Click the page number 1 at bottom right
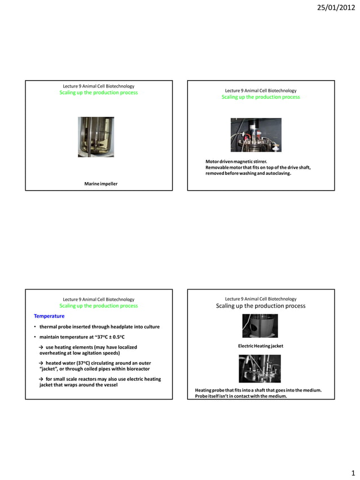pyautogui.click(x=352, y=472)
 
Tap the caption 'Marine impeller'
pyautogui.click(x=100, y=184)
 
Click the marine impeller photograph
pyautogui.click(x=96, y=137)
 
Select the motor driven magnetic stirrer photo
pyautogui.click(x=256, y=135)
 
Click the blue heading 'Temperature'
pyautogui.click(x=49, y=316)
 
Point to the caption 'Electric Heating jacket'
pyautogui.click(x=260, y=345)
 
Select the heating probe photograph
pyautogui.click(x=260, y=368)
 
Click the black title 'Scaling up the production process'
pyautogui.click(x=260, y=306)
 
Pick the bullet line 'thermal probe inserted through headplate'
pyautogui.click(x=99, y=327)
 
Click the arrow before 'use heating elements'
pyautogui.click(x=41, y=347)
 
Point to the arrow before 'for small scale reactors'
pyautogui.click(x=41, y=379)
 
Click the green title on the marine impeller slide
pyautogui.click(x=98, y=93)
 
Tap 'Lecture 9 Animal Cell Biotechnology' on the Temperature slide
pyautogui.click(x=98, y=299)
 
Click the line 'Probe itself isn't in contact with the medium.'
pyautogui.click(x=241, y=396)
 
